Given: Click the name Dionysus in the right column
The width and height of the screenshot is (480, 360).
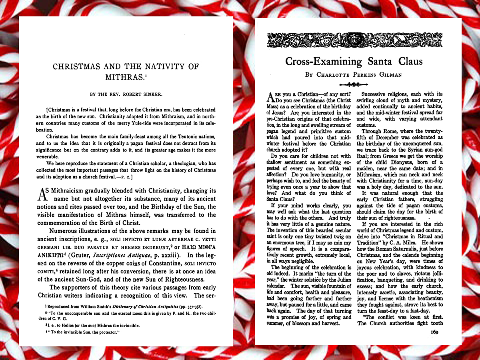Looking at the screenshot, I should coord(401,162).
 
